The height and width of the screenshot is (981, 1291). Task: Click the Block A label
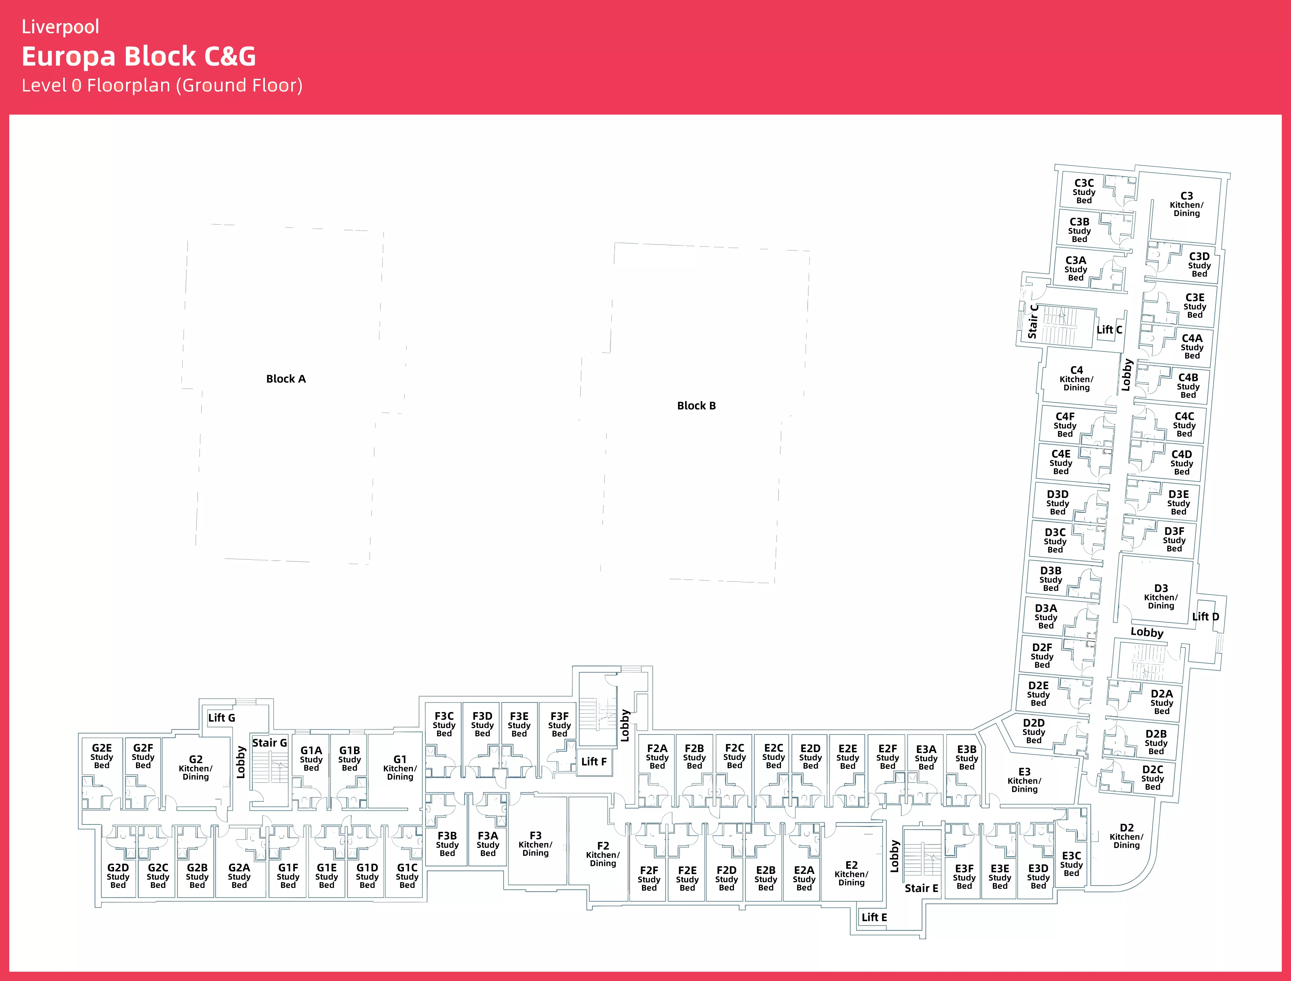(x=286, y=379)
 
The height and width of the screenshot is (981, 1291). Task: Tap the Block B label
(x=696, y=406)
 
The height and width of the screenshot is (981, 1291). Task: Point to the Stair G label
(x=269, y=743)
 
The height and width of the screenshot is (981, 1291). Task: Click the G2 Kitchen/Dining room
(x=196, y=768)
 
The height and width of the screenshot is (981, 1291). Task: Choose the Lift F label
(x=593, y=761)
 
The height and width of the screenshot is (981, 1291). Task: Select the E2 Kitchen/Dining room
(x=851, y=874)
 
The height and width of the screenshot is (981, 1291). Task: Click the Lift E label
(x=874, y=917)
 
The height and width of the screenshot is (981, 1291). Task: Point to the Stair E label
(x=921, y=888)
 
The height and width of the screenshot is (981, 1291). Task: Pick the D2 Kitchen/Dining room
(x=1126, y=836)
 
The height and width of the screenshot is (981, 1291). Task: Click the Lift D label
(x=1205, y=617)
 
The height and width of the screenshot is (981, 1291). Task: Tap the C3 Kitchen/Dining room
(x=1186, y=204)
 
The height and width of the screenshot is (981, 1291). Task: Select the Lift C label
(x=1109, y=330)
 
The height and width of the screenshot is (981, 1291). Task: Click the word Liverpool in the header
(x=60, y=27)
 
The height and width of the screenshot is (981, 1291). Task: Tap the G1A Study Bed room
(x=311, y=759)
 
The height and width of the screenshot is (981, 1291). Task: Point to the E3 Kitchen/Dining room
(x=1024, y=780)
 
